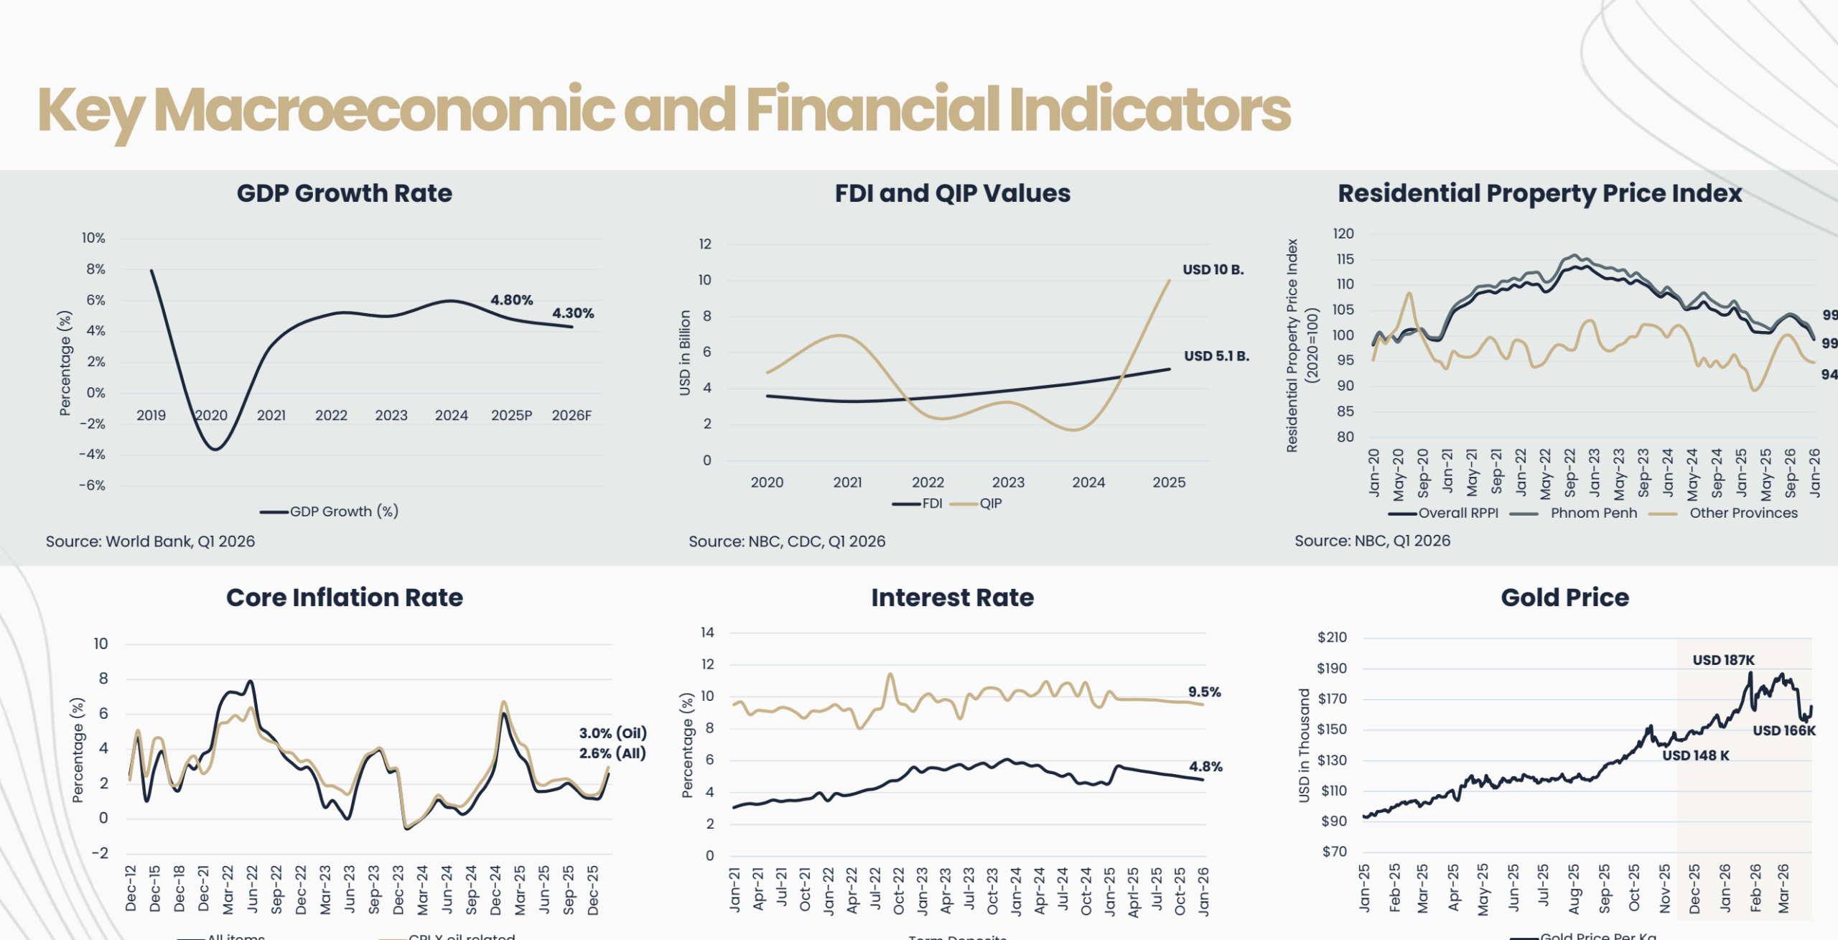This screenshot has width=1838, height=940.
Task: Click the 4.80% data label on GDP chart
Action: pos(511,300)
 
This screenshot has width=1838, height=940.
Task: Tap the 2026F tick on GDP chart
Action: pos(571,416)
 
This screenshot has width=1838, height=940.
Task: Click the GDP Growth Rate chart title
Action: pos(344,193)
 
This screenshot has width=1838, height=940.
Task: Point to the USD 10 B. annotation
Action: pos(1213,270)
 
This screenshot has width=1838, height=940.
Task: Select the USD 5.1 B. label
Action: pos(1216,356)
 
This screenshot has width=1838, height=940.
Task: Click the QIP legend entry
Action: pos(990,503)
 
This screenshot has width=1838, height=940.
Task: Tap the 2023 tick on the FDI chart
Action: pos(1008,483)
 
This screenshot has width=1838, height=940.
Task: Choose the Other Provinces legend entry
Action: pos(1743,513)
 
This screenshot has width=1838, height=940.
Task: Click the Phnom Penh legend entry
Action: pos(1593,513)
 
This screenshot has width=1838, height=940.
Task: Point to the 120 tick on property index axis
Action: pos(1343,233)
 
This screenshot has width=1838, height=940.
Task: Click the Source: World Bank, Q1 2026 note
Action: pos(150,541)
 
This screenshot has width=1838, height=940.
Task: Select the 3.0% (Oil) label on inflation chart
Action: pos(612,733)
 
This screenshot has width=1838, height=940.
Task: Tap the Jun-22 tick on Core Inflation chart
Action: pos(252,889)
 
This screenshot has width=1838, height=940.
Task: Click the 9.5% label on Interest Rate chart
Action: pos(1204,692)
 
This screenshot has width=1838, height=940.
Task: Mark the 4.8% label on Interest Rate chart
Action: pos(1205,767)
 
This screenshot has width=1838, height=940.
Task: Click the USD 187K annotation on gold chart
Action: pos(1723,660)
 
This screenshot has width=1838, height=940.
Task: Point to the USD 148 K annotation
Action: pos(1695,755)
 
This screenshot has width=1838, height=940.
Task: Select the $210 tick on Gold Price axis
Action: pos(1332,638)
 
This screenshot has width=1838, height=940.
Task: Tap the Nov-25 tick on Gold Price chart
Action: pos(1664,889)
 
